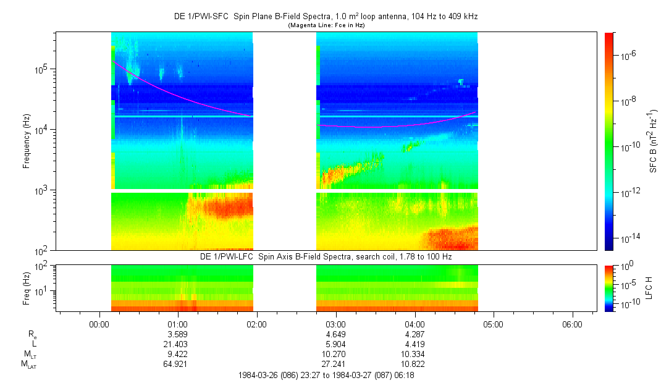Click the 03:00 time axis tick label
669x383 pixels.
click(335, 323)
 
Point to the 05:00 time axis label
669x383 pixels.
click(493, 323)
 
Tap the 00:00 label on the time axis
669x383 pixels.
click(99, 323)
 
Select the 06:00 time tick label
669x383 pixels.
click(572, 323)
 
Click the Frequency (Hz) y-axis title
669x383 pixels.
click(27, 141)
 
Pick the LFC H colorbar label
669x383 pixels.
click(649, 288)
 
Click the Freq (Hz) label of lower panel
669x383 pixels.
click(27, 288)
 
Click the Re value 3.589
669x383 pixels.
click(177, 334)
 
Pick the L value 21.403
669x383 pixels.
click(177, 344)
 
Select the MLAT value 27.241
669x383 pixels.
click(335, 364)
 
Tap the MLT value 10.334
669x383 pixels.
click(414, 354)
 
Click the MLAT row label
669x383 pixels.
click(28, 364)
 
